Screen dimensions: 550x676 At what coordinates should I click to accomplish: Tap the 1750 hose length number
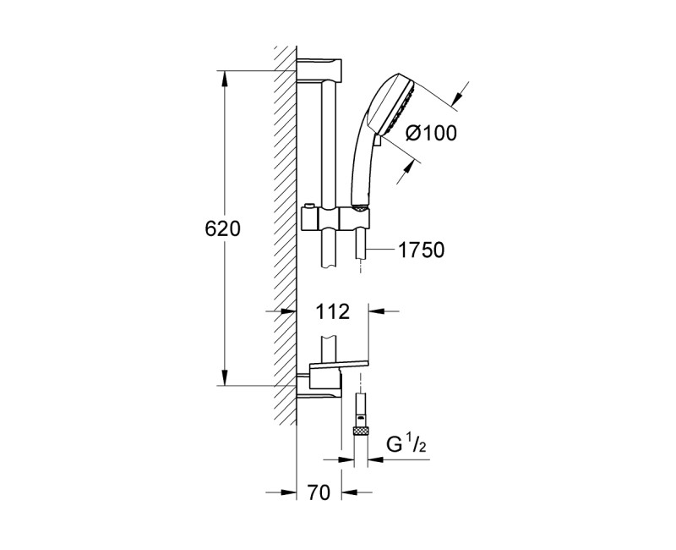point(420,250)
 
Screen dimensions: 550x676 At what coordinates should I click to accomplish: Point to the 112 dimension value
point(332,311)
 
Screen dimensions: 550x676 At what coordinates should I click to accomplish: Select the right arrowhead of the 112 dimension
point(376,311)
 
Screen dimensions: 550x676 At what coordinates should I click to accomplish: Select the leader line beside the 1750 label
point(382,250)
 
